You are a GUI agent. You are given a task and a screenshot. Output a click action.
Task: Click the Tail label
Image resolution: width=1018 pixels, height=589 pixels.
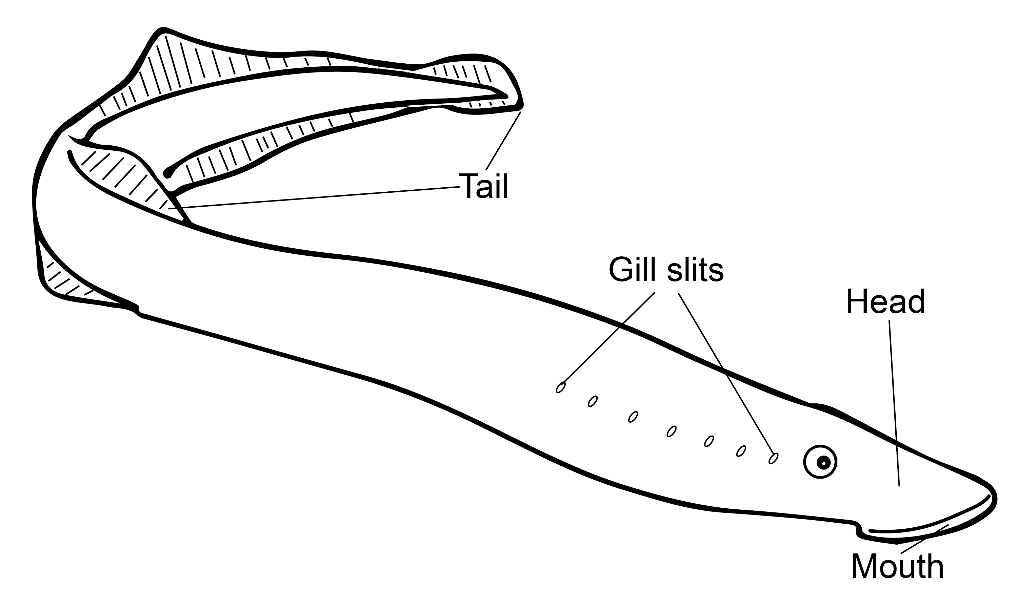point(483,186)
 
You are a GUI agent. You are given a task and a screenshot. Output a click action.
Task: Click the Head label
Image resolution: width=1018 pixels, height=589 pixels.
point(885,302)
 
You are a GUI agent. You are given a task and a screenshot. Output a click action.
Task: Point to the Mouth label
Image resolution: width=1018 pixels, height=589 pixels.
point(897,567)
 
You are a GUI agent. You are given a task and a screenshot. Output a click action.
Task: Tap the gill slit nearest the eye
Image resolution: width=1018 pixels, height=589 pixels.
point(773,459)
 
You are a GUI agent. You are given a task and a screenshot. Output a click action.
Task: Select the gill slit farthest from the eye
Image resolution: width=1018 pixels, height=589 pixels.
point(561,387)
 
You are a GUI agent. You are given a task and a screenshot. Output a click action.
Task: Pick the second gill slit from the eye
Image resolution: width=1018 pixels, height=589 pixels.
point(741,451)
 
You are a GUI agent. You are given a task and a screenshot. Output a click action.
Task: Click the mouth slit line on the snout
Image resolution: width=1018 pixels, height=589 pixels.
point(929,532)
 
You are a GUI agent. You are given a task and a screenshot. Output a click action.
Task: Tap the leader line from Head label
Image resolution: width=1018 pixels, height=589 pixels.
point(894,404)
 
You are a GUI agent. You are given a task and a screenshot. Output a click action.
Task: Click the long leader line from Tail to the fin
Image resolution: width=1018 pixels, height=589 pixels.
point(315,197)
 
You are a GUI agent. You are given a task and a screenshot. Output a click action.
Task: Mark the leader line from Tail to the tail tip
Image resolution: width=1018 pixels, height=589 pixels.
point(503,141)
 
